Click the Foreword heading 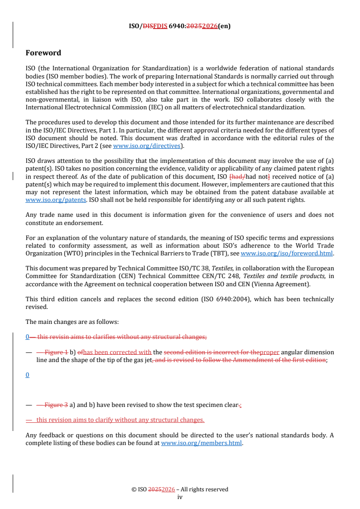[43, 53]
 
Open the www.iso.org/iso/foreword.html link [286, 254]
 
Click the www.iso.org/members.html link [202, 443]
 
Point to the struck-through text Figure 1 [56, 352]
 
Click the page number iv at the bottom [180, 497]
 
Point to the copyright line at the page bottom [180, 489]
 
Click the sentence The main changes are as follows [72, 322]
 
